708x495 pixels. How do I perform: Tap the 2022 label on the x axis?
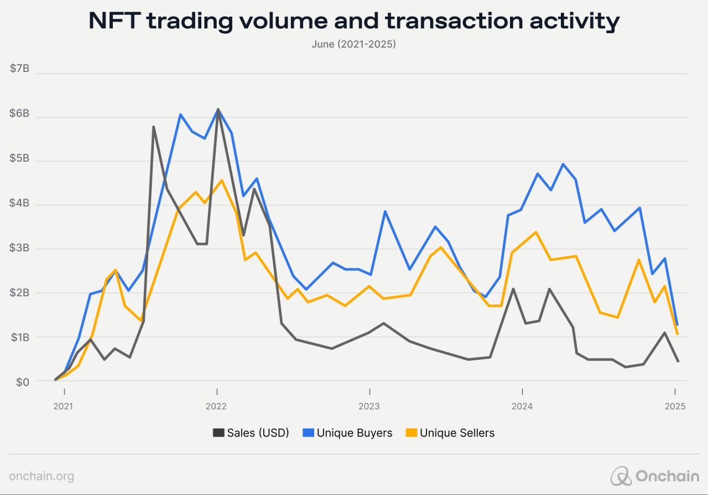click(x=216, y=406)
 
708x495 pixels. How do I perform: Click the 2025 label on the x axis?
click(x=675, y=406)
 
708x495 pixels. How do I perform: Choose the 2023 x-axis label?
click(x=369, y=406)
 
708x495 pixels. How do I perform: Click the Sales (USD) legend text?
click(x=258, y=433)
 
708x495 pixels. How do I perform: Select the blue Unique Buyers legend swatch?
click(x=309, y=433)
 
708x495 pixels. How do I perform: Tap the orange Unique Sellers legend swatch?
click(x=412, y=433)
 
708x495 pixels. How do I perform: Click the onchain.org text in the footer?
click(x=41, y=476)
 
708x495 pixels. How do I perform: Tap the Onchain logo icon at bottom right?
click(x=621, y=476)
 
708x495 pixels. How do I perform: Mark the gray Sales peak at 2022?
click(x=218, y=109)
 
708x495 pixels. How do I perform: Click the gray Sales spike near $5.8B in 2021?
click(x=153, y=127)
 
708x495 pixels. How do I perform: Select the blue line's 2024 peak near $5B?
click(x=563, y=164)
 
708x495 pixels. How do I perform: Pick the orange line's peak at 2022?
click(x=221, y=180)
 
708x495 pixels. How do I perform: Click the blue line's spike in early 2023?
click(x=384, y=212)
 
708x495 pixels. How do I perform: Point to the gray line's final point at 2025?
click(x=678, y=362)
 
